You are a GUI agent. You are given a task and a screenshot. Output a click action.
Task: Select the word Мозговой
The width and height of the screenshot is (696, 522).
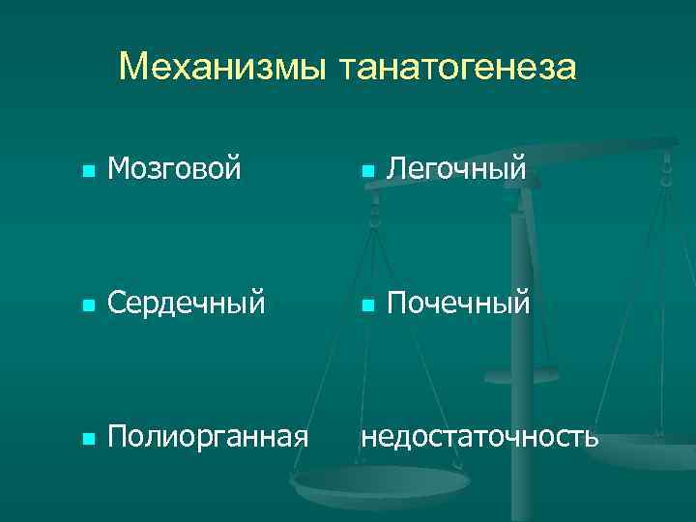174,170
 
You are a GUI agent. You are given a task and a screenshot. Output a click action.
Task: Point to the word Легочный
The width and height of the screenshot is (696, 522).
456,170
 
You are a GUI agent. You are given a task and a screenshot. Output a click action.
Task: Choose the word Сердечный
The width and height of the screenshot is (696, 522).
186,304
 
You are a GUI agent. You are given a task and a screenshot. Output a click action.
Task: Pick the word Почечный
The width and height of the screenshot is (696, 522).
458,304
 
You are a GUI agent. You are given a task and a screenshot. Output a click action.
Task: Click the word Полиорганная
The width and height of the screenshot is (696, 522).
208,436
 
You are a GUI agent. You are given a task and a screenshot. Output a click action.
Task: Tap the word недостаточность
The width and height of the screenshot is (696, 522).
479,436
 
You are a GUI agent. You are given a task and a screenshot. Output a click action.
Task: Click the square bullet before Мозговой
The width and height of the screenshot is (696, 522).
88,172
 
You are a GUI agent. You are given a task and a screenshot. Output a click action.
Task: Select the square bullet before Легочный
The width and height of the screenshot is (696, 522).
367,172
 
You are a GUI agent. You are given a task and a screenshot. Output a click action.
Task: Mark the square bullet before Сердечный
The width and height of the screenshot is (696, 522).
88,305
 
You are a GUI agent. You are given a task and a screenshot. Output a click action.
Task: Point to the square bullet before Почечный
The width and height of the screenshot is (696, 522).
367,305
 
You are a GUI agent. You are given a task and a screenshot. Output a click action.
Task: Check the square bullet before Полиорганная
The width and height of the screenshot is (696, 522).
88,438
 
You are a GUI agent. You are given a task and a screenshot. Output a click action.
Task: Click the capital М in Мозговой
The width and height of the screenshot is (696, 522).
120,170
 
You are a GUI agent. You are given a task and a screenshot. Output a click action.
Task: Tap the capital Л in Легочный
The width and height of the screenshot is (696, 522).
395,170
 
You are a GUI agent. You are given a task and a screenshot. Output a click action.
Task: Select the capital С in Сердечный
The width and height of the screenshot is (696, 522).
118,304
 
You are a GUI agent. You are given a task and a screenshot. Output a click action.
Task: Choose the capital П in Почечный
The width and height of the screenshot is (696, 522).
396,304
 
